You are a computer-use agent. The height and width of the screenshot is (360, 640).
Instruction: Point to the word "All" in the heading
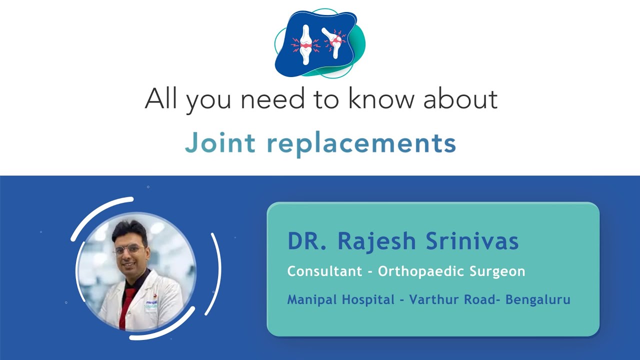coord(161,98)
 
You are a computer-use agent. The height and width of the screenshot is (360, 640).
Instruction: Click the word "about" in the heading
coord(460,99)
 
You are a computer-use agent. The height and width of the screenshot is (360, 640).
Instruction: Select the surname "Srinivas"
coord(472,241)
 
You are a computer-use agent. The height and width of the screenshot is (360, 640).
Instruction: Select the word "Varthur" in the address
coord(430,300)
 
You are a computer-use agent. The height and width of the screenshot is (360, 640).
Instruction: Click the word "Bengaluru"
coord(538,300)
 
